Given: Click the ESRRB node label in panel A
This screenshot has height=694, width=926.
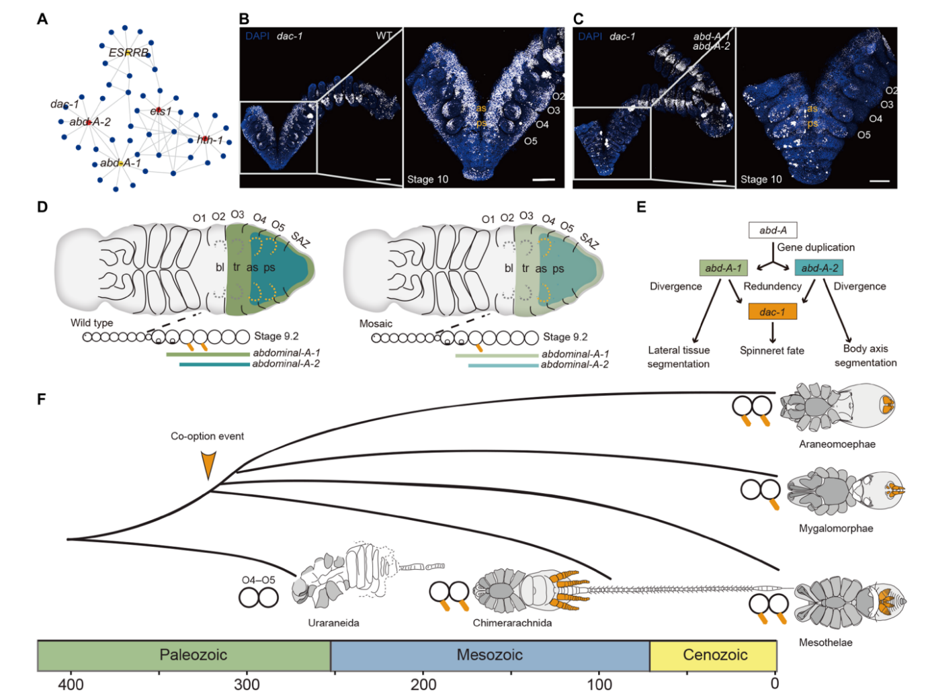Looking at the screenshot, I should pyautogui.click(x=129, y=52).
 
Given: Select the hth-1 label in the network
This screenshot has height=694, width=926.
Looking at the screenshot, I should pyautogui.click(x=210, y=140).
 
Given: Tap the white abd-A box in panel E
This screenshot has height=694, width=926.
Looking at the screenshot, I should pyautogui.click(x=773, y=230).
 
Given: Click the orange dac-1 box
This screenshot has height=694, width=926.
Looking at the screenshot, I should pyautogui.click(x=772, y=312).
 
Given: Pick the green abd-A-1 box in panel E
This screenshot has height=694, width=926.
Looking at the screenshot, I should pyautogui.click(x=723, y=268).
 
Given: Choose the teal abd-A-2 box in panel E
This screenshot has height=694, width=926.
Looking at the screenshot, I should pyautogui.click(x=819, y=268).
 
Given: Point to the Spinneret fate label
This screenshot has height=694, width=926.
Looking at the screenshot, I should pyautogui.click(x=772, y=350).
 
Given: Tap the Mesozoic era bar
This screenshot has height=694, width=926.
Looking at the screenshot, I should pyautogui.click(x=490, y=655).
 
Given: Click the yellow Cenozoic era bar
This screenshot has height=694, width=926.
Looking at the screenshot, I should pyautogui.click(x=714, y=655).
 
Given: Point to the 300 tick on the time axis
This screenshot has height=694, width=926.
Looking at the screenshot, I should pyautogui.click(x=247, y=684).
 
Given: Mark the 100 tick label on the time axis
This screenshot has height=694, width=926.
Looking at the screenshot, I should pyautogui.click(x=599, y=684).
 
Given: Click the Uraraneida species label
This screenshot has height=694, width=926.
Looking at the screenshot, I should pyautogui.click(x=333, y=623).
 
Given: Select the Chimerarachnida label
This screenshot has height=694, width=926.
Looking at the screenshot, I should pyautogui.click(x=512, y=623).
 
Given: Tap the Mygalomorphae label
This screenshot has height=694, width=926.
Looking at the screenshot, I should pyautogui.click(x=836, y=528).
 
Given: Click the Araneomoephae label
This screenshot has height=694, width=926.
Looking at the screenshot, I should pyautogui.click(x=837, y=444).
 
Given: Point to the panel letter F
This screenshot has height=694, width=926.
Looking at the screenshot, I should pyautogui.click(x=42, y=399).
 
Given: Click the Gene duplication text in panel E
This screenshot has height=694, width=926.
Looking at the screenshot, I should pyautogui.click(x=816, y=247).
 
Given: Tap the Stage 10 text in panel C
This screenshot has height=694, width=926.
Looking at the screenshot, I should pyautogui.click(x=761, y=179).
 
